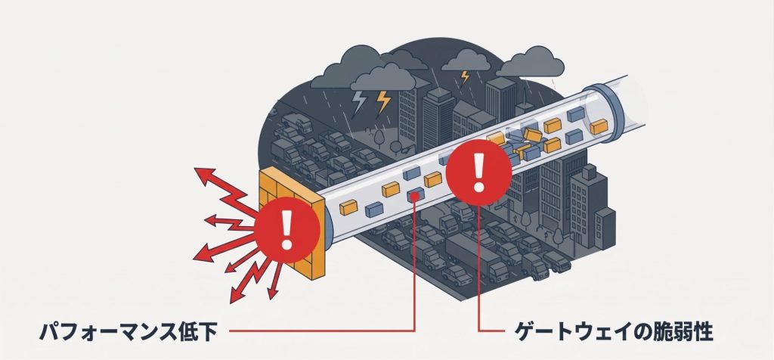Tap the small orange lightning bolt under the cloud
464,76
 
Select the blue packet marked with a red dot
415,196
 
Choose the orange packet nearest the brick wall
348,206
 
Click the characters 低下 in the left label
191,331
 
